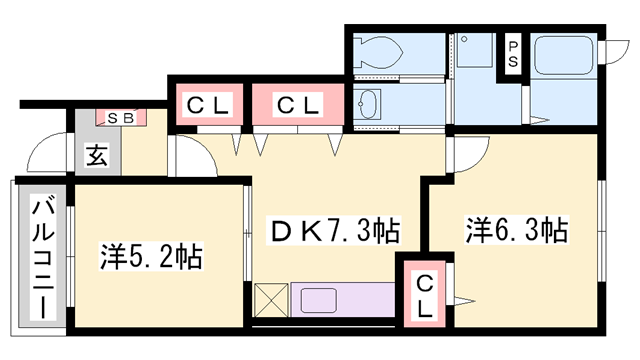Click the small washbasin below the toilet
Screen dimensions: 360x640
[368, 103]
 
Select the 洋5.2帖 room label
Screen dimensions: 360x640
[150, 257]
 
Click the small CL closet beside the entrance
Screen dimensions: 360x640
[206, 104]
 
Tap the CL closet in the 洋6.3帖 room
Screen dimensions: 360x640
[424, 295]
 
